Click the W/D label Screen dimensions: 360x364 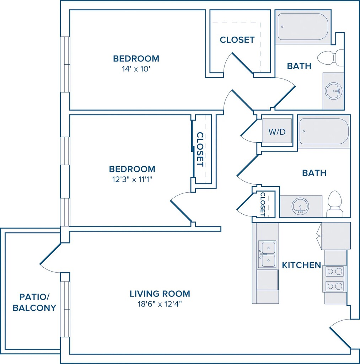point(277,132)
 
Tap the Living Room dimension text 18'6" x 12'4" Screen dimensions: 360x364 point(160,304)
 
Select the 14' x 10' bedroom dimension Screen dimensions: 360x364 point(136,69)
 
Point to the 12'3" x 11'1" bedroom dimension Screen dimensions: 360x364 point(132,180)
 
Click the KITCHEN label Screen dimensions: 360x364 point(301,265)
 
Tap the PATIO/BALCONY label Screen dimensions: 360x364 point(34,302)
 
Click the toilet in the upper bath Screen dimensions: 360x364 point(331,57)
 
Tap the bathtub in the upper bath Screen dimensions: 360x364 point(303,27)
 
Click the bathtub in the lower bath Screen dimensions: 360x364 point(324,132)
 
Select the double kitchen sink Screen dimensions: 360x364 point(267,254)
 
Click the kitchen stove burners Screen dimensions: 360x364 point(334,279)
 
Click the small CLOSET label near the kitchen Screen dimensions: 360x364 point(263,204)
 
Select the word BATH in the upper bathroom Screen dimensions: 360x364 point(299,66)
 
